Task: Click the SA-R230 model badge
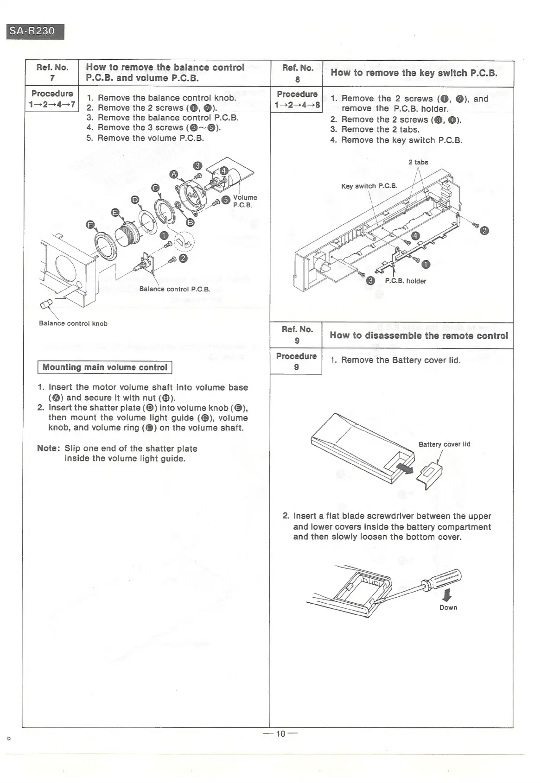coord(35,31)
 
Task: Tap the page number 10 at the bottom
coord(280,733)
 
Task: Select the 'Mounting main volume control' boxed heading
coord(105,367)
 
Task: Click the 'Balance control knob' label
coord(73,323)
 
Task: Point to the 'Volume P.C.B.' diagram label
coord(244,201)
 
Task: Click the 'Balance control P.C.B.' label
coord(175,289)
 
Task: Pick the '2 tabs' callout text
coord(418,162)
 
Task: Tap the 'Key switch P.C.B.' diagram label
coord(369,186)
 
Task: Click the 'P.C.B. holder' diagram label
coord(405,281)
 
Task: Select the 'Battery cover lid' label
coord(444,444)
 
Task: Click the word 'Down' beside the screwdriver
coord(448,607)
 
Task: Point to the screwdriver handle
coord(447,578)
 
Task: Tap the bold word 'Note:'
coord(49,448)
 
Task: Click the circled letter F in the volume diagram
coord(91,225)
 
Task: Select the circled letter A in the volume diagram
coord(174,174)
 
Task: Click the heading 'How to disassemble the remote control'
coord(419,335)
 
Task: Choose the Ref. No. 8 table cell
coord(297,73)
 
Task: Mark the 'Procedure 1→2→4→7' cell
coord(52,99)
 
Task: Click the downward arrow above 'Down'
coord(448,595)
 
